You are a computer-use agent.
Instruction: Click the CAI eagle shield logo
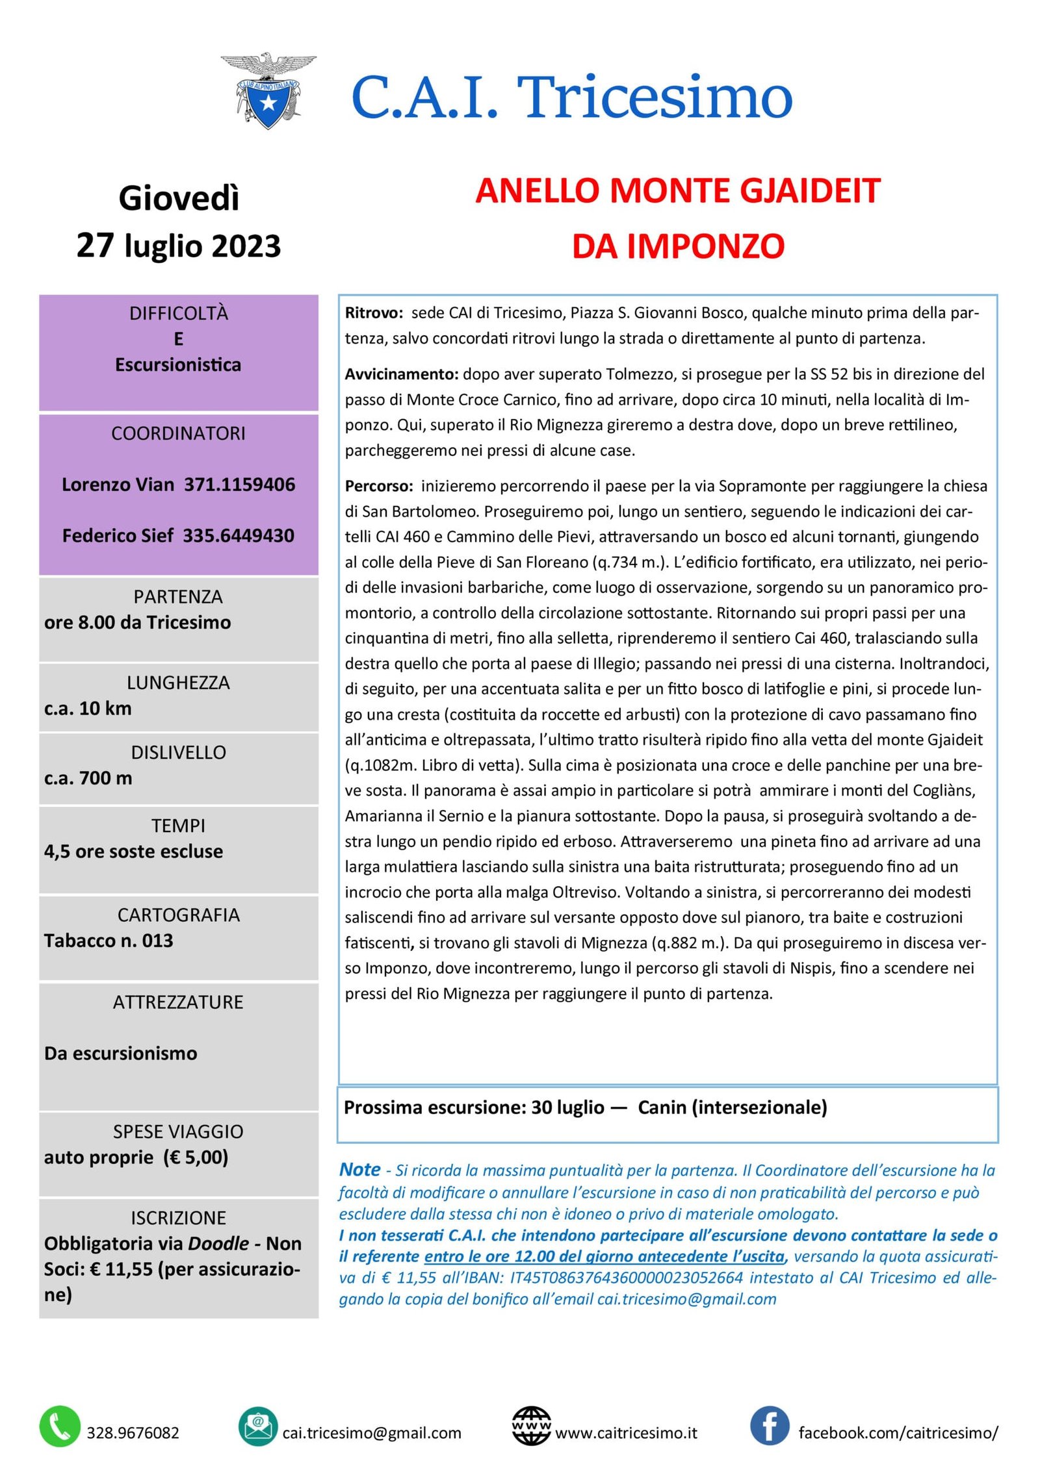click(268, 91)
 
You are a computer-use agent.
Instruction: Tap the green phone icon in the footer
click(60, 1426)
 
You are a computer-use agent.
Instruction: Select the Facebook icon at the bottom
click(770, 1426)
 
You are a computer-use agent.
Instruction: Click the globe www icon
click(531, 1426)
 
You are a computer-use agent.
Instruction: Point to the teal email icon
click(258, 1426)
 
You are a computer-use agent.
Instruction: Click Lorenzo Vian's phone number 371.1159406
click(239, 485)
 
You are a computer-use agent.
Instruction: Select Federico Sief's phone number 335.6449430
click(238, 536)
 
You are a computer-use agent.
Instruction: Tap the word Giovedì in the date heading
click(179, 198)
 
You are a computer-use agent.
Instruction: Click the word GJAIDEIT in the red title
click(810, 191)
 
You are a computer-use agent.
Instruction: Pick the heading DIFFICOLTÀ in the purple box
click(179, 314)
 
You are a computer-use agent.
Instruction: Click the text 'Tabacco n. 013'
click(109, 941)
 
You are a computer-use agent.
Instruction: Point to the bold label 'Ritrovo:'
click(374, 313)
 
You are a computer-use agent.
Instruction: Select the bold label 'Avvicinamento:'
click(402, 374)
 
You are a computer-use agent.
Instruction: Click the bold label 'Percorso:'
click(379, 486)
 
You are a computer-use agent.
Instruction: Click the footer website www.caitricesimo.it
click(626, 1432)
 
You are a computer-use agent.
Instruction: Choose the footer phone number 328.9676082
click(133, 1432)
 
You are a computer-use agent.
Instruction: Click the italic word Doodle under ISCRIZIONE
click(218, 1243)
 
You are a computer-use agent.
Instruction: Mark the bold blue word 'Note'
click(359, 1169)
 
